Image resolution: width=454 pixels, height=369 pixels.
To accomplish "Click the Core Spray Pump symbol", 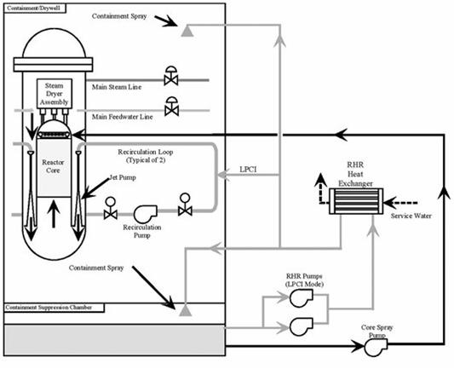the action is point(376,347).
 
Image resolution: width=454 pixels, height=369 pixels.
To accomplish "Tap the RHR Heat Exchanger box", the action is point(356,201).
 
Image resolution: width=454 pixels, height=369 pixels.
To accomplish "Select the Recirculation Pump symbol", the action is point(146,214).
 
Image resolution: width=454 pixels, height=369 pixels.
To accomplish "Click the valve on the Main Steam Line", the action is point(171,76).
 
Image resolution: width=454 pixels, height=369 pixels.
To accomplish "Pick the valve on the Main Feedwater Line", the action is point(171,107).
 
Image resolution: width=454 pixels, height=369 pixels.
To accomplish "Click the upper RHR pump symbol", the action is point(302,298).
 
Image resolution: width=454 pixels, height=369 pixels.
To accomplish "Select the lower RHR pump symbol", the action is point(302,326).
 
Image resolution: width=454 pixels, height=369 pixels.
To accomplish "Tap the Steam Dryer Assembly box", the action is point(55,94).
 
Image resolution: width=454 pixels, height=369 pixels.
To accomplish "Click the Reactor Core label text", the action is point(53,166).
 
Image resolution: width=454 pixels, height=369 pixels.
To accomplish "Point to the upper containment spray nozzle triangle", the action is point(187,31).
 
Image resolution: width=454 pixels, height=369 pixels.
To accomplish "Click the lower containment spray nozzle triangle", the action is point(186,310).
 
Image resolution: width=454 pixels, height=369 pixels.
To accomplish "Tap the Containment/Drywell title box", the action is point(35,9).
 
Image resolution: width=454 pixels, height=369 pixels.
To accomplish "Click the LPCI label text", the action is point(248,170).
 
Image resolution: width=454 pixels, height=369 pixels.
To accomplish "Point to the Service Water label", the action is point(411,216).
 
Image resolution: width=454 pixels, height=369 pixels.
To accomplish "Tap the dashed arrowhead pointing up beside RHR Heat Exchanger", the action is point(320,180).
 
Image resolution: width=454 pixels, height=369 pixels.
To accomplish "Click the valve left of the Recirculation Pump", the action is point(111,208).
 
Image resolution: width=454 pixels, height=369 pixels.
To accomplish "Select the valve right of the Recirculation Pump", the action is point(185,205).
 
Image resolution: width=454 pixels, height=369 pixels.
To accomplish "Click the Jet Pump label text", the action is point(123,177).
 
